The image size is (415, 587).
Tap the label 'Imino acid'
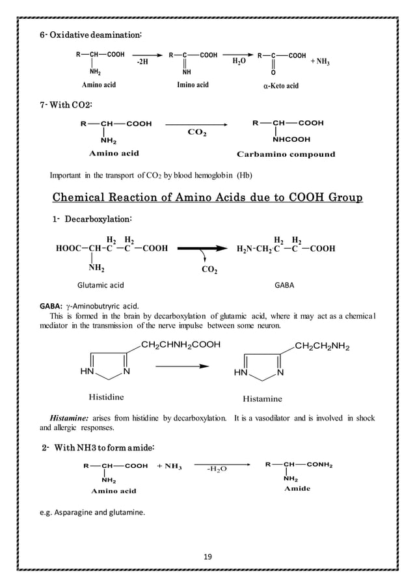[193, 85]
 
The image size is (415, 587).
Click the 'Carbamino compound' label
[286, 154]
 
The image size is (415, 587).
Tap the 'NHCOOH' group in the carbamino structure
[291, 139]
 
